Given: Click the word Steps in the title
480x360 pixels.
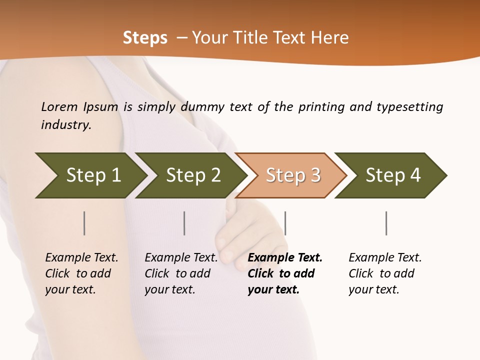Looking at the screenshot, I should pyautogui.click(x=145, y=38).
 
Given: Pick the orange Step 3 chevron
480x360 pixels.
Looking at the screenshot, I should pyautogui.click(x=293, y=175).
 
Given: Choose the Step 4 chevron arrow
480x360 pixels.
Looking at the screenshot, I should pyautogui.click(x=393, y=175).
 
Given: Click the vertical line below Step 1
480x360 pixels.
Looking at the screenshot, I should pyautogui.click(x=84, y=223).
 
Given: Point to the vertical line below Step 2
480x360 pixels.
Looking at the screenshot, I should pyautogui.click(x=184, y=223).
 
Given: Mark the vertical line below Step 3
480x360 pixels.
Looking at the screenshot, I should pyautogui.click(x=285, y=223).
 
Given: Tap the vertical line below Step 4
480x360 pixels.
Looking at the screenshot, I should pyautogui.click(x=386, y=223).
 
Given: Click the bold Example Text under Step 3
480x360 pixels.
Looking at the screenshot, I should pyautogui.click(x=285, y=258).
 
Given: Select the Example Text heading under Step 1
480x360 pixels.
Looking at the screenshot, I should pyautogui.click(x=81, y=258).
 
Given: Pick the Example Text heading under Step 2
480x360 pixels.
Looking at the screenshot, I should pyautogui.click(x=181, y=258).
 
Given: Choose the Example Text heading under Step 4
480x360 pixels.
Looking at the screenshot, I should pyautogui.click(x=385, y=258).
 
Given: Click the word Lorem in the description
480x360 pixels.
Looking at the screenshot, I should pyautogui.click(x=59, y=107).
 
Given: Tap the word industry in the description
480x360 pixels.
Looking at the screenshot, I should pyautogui.click(x=65, y=125).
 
